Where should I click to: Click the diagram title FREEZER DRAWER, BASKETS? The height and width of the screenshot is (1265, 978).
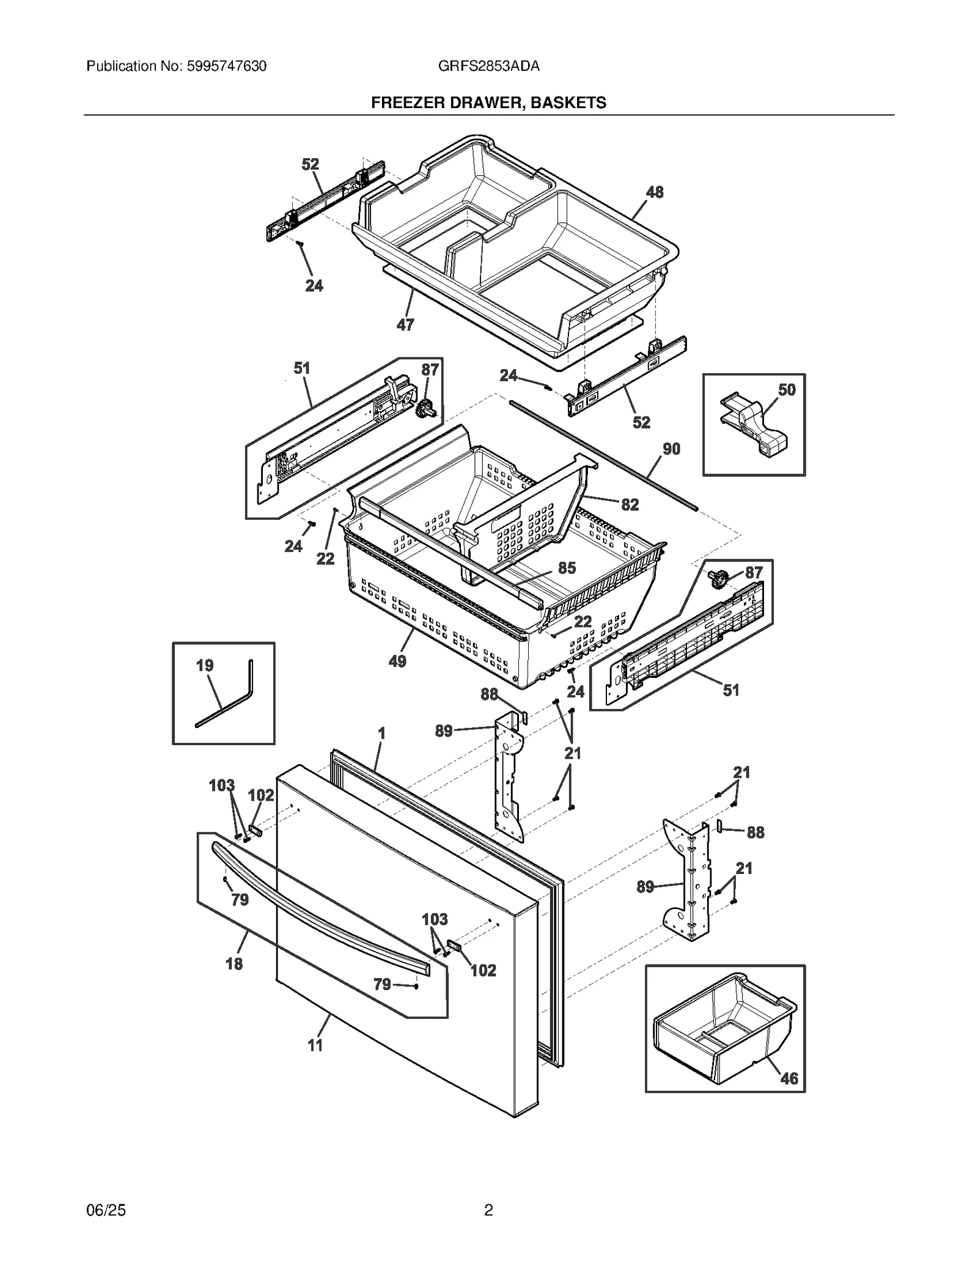[x=488, y=103]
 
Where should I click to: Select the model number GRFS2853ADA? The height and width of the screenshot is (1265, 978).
[x=488, y=66]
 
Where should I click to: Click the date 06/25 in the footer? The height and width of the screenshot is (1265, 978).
[x=106, y=1210]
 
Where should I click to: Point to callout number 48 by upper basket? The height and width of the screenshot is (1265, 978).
[x=654, y=192]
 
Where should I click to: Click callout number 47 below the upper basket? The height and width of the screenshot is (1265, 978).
[x=405, y=325]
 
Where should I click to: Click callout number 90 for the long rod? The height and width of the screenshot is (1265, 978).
[x=671, y=449]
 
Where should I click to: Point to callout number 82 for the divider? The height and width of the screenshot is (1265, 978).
[x=630, y=505]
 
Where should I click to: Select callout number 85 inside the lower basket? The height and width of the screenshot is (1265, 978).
[x=567, y=568]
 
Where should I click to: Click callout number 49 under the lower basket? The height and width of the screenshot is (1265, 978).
[x=397, y=661]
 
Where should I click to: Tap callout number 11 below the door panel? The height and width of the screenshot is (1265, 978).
[x=315, y=1045]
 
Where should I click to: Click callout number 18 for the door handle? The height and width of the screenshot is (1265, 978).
[x=234, y=964]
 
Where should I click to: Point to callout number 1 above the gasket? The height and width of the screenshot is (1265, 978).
[x=381, y=733]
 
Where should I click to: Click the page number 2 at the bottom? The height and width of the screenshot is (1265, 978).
[x=488, y=1210]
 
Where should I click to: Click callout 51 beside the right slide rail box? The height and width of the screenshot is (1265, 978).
[x=730, y=690]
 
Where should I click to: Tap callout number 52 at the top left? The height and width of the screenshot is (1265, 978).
[x=311, y=164]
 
